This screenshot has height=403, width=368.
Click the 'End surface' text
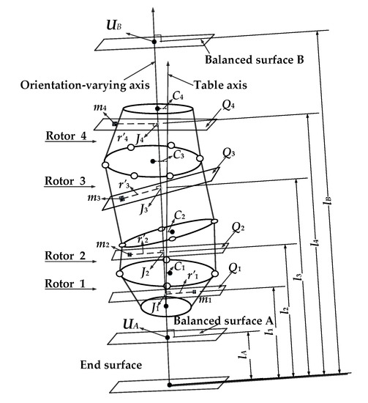pyautogui.click(x=80, y=363)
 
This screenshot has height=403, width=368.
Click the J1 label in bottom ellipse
pyautogui.click(x=151, y=310)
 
